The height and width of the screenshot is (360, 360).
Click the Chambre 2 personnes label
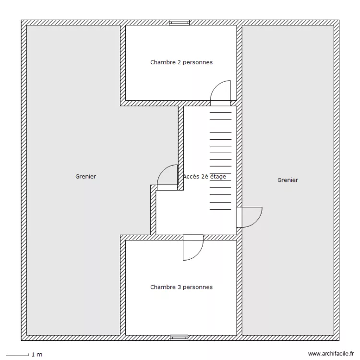(181, 62)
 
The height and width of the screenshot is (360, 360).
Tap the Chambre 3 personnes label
(181, 288)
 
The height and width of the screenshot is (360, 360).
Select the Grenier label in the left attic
(85, 177)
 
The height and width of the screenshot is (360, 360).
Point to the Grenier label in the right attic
(288, 180)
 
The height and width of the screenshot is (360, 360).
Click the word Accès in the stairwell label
(191, 177)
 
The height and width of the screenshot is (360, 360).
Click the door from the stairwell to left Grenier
(167, 177)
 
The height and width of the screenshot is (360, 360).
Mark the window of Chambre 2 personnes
(180, 23)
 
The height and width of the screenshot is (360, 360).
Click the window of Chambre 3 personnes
(180, 338)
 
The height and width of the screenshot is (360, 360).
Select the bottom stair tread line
(220, 210)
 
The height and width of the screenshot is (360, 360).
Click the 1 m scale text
(37, 355)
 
